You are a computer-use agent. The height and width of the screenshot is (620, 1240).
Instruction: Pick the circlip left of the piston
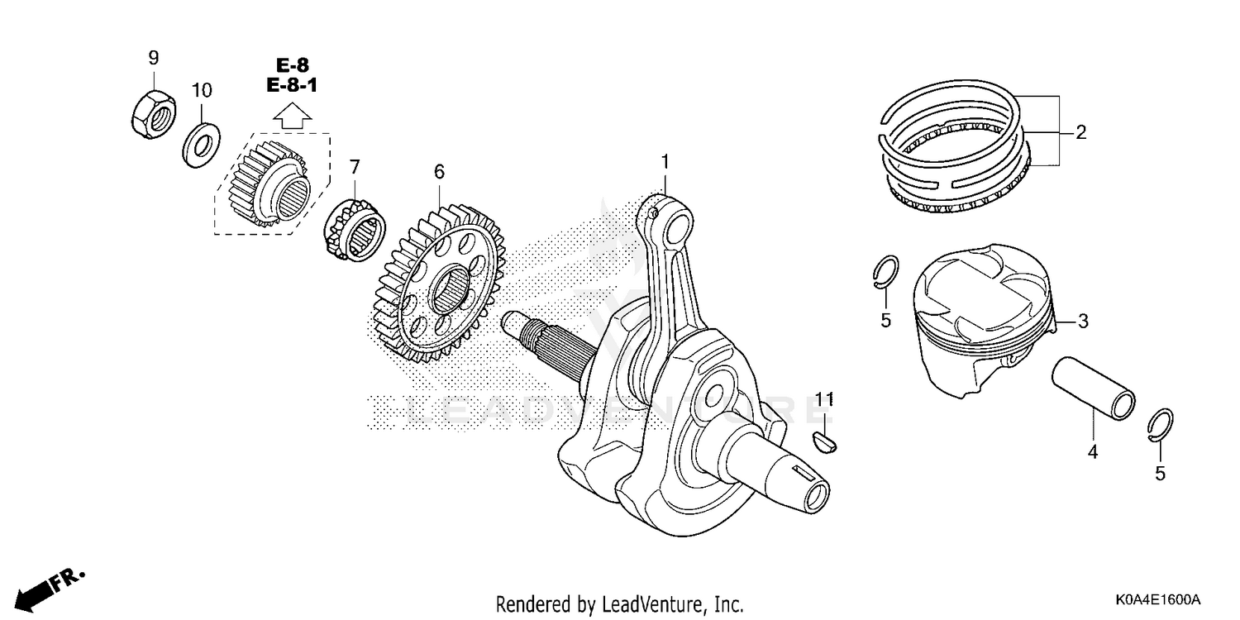(x=885, y=274)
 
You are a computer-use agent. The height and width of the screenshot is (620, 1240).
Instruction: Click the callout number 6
(x=439, y=171)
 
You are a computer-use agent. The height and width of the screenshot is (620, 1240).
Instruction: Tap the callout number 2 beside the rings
(x=1080, y=131)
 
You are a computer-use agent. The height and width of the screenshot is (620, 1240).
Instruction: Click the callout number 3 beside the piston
(x=1082, y=322)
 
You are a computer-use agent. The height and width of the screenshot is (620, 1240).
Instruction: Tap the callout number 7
(x=355, y=166)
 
